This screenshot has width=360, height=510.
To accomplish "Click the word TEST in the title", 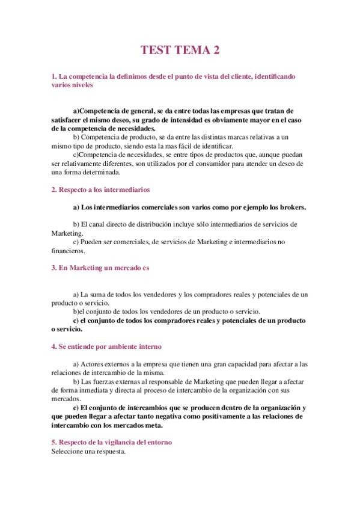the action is (x=155, y=51).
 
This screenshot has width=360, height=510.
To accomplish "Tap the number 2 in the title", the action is (x=215, y=51).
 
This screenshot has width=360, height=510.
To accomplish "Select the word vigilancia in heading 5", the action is (x=118, y=442).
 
